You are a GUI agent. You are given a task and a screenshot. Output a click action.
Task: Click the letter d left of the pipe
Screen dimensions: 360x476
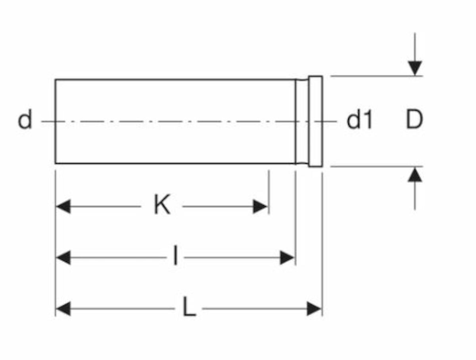(x=25, y=120)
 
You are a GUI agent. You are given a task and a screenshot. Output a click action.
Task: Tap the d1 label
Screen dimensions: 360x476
(x=359, y=120)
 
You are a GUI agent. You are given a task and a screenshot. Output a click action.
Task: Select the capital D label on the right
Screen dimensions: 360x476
(x=414, y=120)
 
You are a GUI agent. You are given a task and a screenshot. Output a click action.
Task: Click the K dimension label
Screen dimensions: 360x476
(x=162, y=206)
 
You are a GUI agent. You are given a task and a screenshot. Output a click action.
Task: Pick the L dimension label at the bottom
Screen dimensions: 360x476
(x=189, y=308)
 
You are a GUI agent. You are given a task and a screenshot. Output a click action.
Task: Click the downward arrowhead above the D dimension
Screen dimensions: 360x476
(x=415, y=68)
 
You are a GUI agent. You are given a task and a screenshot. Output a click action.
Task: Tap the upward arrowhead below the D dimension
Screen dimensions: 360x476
(x=415, y=175)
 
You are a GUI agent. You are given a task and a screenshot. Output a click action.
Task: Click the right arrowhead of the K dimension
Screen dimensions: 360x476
(x=260, y=206)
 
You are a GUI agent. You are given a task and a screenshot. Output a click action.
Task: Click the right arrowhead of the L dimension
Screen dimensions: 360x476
(x=314, y=309)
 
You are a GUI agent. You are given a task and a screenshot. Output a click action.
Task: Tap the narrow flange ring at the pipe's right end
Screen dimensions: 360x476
(x=315, y=121)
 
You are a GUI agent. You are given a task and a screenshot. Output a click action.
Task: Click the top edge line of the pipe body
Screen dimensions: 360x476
(x=175, y=80)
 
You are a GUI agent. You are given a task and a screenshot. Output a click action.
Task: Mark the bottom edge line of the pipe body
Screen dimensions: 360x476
(x=175, y=163)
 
